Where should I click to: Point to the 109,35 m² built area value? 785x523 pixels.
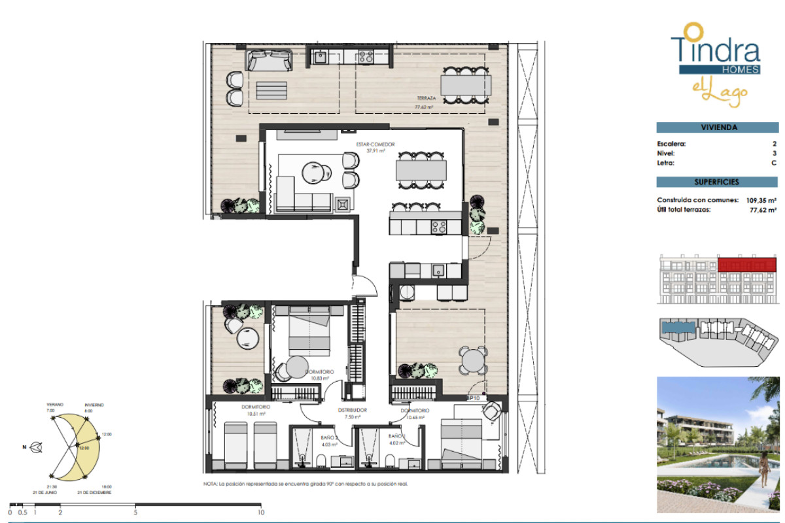(760, 201)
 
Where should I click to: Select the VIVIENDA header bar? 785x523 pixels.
(716, 128)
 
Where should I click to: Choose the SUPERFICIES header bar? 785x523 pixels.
(716, 182)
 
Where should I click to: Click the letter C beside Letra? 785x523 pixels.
(774, 163)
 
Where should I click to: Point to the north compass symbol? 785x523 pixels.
(37, 448)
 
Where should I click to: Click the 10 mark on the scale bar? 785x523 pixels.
(261, 513)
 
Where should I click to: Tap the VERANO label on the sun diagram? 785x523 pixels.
(55, 405)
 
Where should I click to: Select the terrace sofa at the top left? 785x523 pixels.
(269, 61)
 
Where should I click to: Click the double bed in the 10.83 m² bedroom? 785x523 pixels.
(308, 331)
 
